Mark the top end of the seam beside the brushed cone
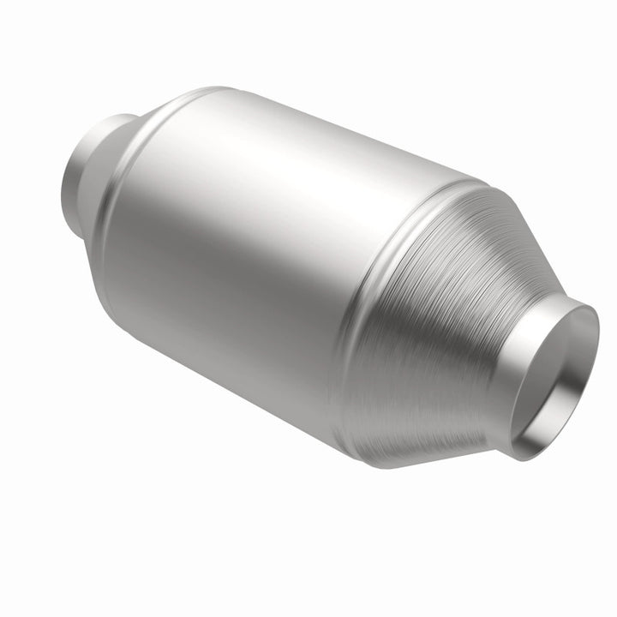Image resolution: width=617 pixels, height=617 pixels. (467, 182)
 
